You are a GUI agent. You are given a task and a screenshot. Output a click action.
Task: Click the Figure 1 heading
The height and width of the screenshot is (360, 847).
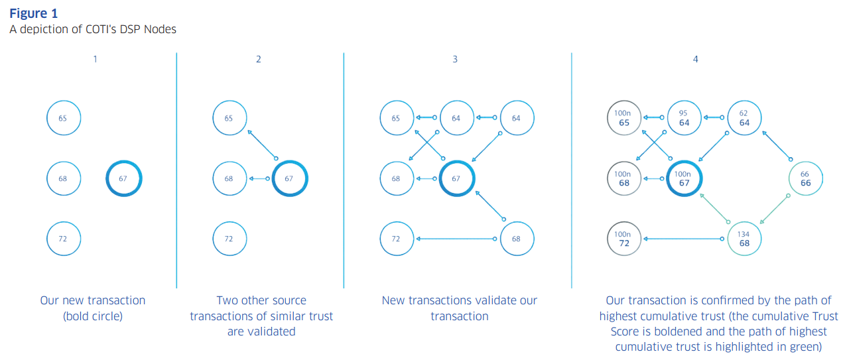[33, 13]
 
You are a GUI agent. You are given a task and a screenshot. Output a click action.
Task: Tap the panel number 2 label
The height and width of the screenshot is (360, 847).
[258, 59]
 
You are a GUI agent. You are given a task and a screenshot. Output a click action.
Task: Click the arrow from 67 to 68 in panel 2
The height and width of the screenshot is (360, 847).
[259, 178]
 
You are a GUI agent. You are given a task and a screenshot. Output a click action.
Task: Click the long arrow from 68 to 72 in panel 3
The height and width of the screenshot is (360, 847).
[456, 239]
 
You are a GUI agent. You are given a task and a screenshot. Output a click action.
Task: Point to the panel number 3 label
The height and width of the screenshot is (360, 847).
[455, 59]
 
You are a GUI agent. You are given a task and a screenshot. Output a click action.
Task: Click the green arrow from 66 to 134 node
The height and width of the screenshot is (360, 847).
[774, 210]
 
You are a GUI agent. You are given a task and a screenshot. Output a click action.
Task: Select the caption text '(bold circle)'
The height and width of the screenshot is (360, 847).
[93, 316]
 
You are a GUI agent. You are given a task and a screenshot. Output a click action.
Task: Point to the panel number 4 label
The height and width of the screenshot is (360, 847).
[695, 59]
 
